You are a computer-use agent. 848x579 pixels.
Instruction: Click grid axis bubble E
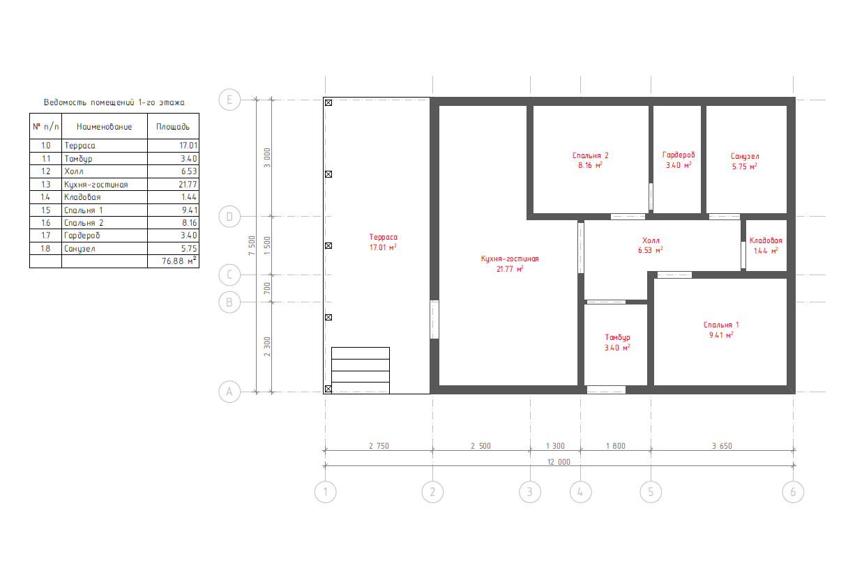coord(229,100)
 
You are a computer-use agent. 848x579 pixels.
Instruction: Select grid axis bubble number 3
coord(529,492)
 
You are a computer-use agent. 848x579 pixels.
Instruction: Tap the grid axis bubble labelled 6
coord(793,492)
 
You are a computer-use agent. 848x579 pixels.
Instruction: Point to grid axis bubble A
coord(229,392)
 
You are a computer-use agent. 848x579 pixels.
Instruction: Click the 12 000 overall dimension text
coord(559,462)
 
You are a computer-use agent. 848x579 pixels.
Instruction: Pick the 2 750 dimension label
coord(379,446)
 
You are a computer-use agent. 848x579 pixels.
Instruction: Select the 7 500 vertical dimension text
coord(252,245)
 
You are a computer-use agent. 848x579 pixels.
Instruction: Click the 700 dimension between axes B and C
coord(267,288)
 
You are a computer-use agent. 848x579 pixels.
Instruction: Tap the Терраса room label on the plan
coord(383,237)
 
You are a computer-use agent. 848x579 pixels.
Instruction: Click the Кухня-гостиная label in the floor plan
coord(510,258)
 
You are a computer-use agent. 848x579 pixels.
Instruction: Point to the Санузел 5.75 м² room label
coord(745,162)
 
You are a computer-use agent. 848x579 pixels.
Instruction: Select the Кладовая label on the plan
coord(766,240)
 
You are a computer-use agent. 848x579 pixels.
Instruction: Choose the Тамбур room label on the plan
coord(617,337)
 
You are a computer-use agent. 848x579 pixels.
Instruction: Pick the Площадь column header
coord(173,127)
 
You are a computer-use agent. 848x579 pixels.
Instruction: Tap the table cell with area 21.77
coord(173,185)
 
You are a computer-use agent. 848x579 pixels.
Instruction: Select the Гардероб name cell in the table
coord(105,236)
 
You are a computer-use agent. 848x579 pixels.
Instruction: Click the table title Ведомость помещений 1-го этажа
coord(114,102)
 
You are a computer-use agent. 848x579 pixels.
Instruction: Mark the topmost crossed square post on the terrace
coord(328,102)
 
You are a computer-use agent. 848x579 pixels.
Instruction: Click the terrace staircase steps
coord(361,370)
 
